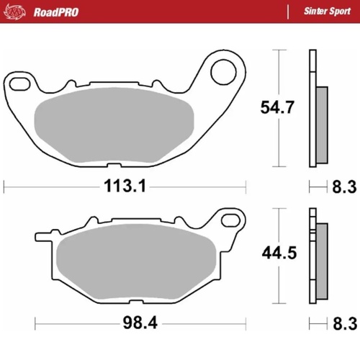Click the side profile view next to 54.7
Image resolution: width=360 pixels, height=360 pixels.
[316, 111]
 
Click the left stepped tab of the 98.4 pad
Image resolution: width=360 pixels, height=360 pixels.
[43, 235]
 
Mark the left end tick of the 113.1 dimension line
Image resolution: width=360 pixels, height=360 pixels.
[5, 186]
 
